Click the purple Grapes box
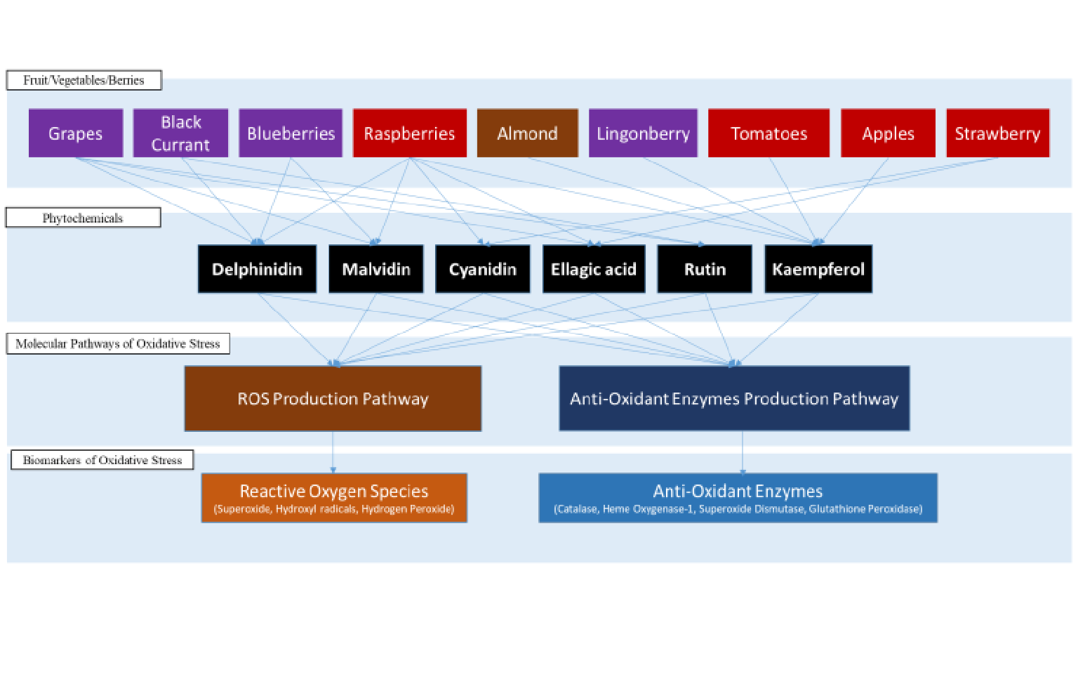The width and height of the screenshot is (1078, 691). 76,133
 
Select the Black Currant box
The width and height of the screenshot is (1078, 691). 181,133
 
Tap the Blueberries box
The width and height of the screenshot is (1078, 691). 291,133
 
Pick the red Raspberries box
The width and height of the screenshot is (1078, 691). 409,133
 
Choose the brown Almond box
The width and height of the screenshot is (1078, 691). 527,133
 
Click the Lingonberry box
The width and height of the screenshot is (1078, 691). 643,133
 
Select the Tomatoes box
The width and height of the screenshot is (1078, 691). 768,133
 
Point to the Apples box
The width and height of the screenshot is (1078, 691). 888,133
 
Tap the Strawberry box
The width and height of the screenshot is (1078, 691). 997,133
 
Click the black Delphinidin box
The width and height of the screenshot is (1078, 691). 257,269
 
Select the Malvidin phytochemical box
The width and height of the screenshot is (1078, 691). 376,269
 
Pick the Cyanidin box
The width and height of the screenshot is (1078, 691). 483,269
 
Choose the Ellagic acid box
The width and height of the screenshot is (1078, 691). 594,269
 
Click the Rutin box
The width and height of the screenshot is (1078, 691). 705,269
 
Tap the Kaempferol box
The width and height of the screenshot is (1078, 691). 818,269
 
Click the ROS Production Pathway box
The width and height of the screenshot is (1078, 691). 333,398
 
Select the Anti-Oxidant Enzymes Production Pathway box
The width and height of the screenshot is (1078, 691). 734,398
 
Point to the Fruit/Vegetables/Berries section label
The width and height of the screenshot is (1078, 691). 84,80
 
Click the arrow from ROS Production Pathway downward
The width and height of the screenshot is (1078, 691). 333,452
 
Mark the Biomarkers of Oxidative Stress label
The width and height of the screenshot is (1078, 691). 102,460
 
